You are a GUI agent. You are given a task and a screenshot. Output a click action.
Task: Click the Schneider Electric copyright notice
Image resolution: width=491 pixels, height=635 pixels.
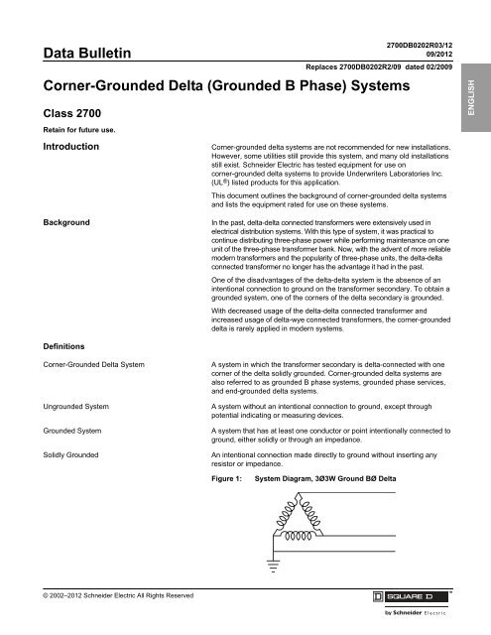[99, 595]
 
